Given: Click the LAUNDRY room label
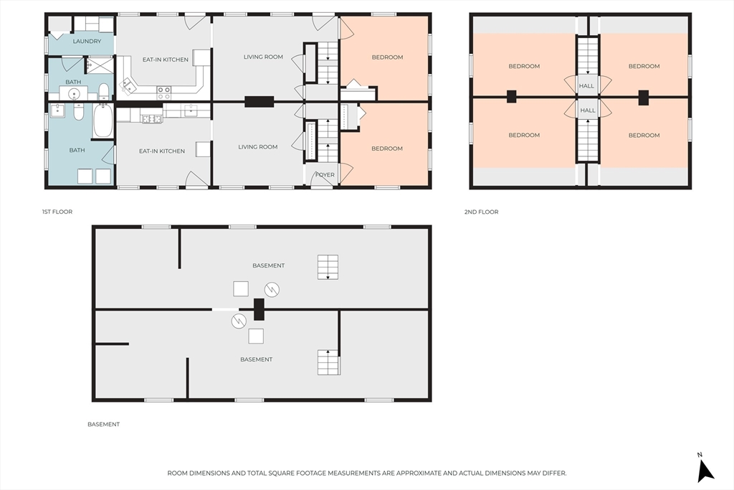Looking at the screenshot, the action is [x=87, y=41].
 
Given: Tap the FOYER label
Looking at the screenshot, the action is [x=325, y=175].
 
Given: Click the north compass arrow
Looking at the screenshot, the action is [x=705, y=471].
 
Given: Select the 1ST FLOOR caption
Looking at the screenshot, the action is [x=57, y=212].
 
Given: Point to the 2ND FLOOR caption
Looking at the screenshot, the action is [x=481, y=212].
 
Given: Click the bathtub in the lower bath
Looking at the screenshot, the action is [x=103, y=121].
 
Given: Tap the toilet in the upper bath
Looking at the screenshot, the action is [x=104, y=90].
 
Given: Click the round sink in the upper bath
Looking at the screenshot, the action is [x=74, y=94].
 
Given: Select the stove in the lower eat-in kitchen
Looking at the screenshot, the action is [x=152, y=119].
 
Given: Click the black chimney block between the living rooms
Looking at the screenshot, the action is [x=259, y=102].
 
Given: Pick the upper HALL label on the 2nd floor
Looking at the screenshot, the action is [x=586, y=86].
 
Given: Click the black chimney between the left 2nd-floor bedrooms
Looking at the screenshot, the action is [x=511, y=97].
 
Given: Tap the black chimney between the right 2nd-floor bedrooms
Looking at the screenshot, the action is [x=644, y=98].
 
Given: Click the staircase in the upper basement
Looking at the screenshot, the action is [x=328, y=267].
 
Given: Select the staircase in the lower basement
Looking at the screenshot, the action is [x=328, y=362].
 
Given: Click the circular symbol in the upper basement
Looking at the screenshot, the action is [x=272, y=290].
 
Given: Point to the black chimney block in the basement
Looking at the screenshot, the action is [x=259, y=309].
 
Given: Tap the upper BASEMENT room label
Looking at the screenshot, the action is [x=269, y=265].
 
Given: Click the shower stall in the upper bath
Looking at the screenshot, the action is [x=99, y=65].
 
